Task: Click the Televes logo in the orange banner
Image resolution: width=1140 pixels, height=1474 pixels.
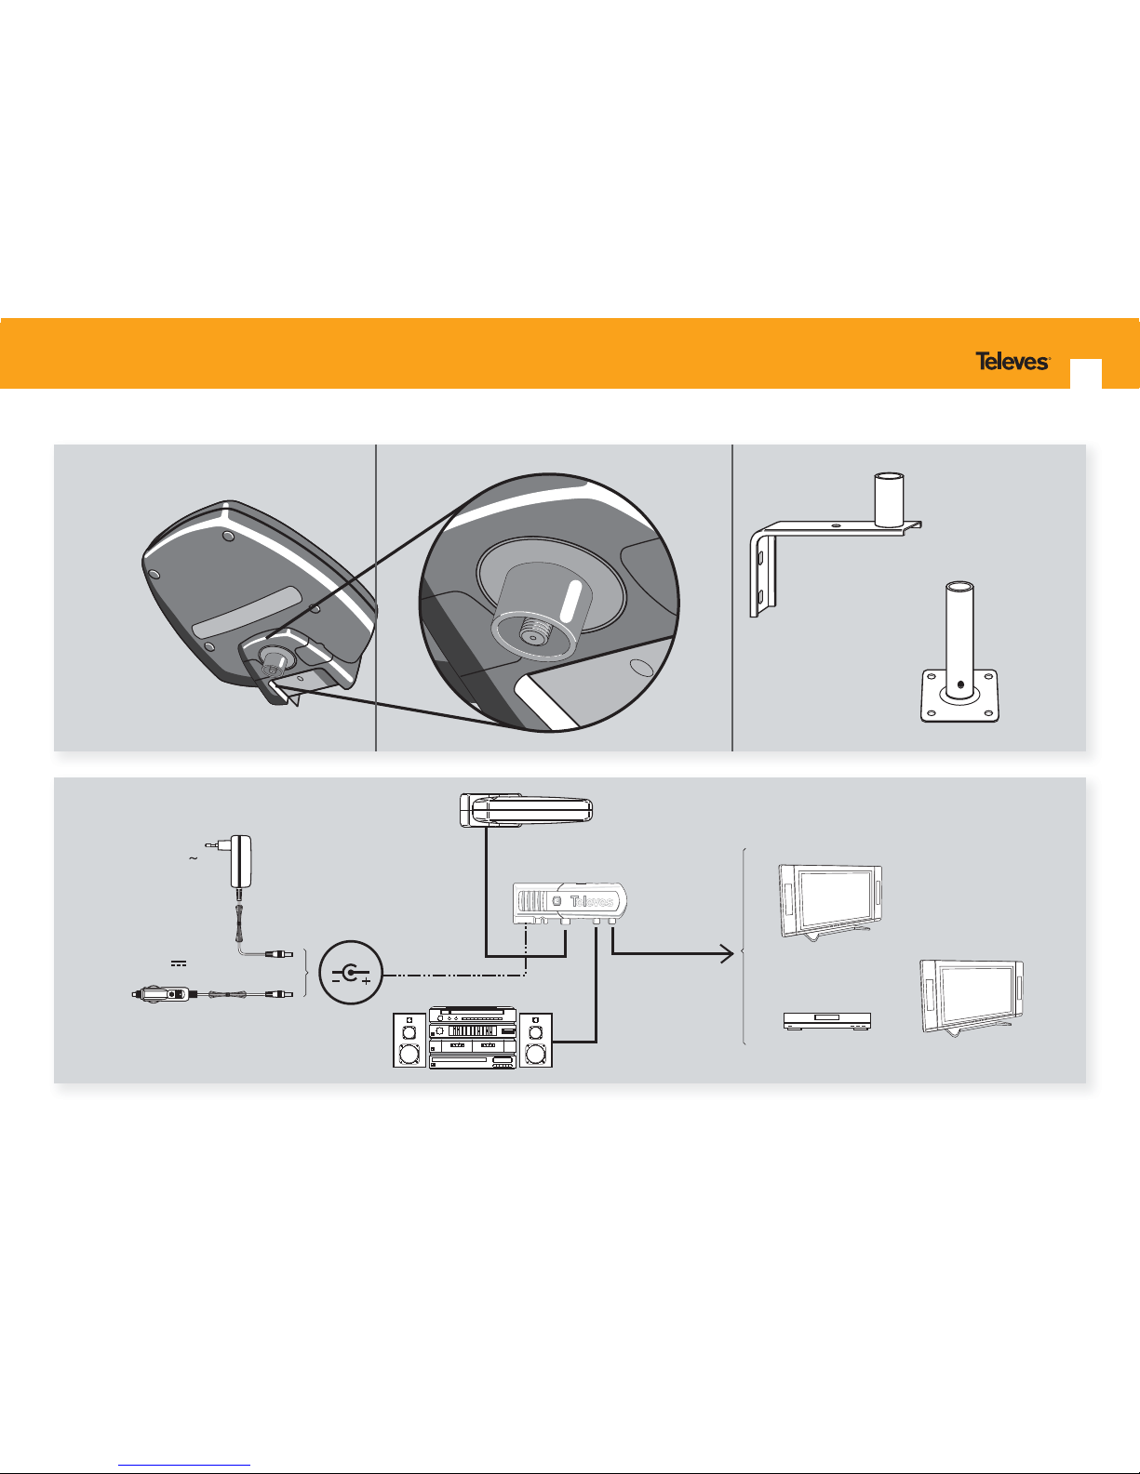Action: tap(1013, 361)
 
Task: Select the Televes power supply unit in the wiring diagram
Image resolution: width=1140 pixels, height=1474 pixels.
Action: tap(570, 903)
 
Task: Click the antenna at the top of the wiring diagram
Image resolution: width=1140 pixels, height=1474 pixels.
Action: tap(526, 810)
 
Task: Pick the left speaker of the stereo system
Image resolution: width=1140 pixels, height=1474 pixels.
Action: tap(409, 1040)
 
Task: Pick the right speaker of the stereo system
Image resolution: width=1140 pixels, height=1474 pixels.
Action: tap(535, 1040)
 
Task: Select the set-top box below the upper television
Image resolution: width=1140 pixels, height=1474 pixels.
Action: tap(826, 1021)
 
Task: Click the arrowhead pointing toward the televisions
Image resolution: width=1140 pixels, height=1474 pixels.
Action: tap(728, 954)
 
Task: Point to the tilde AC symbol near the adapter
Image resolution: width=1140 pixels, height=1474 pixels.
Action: tap(194, 858)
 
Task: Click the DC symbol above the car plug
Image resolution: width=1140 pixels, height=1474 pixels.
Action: tap(179, 963)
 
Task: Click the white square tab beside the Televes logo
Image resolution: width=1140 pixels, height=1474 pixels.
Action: tap(1086, 374)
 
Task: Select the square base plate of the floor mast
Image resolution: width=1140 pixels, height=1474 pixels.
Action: tap(959, 696)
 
